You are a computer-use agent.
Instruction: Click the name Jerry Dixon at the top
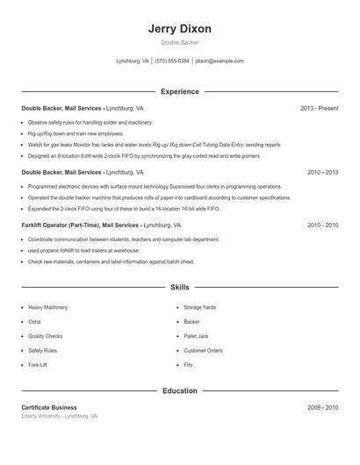point(180,29)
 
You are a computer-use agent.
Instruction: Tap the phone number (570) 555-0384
point(172,61)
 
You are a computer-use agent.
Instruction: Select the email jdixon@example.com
point(220,61)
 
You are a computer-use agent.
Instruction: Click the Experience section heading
point(180,91)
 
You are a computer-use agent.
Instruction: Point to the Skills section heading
point(180,287)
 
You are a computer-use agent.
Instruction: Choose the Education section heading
point(180,390)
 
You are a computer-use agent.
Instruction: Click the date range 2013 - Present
point(319,108)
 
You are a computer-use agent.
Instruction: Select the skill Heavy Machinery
point(47,308)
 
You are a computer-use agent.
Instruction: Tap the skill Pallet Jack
point(196,336)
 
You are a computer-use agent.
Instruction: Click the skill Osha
point(35,322)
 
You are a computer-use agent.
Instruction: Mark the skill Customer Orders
point(203,350)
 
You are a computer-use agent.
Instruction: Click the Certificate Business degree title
point(49,407)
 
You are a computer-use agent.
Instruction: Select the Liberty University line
point(60,416)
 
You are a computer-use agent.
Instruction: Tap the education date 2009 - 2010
point(322,407)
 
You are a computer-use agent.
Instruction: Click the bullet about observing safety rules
point(90,123)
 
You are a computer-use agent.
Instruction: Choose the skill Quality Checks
point(45,336)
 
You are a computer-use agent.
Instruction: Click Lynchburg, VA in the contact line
point(133,61)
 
